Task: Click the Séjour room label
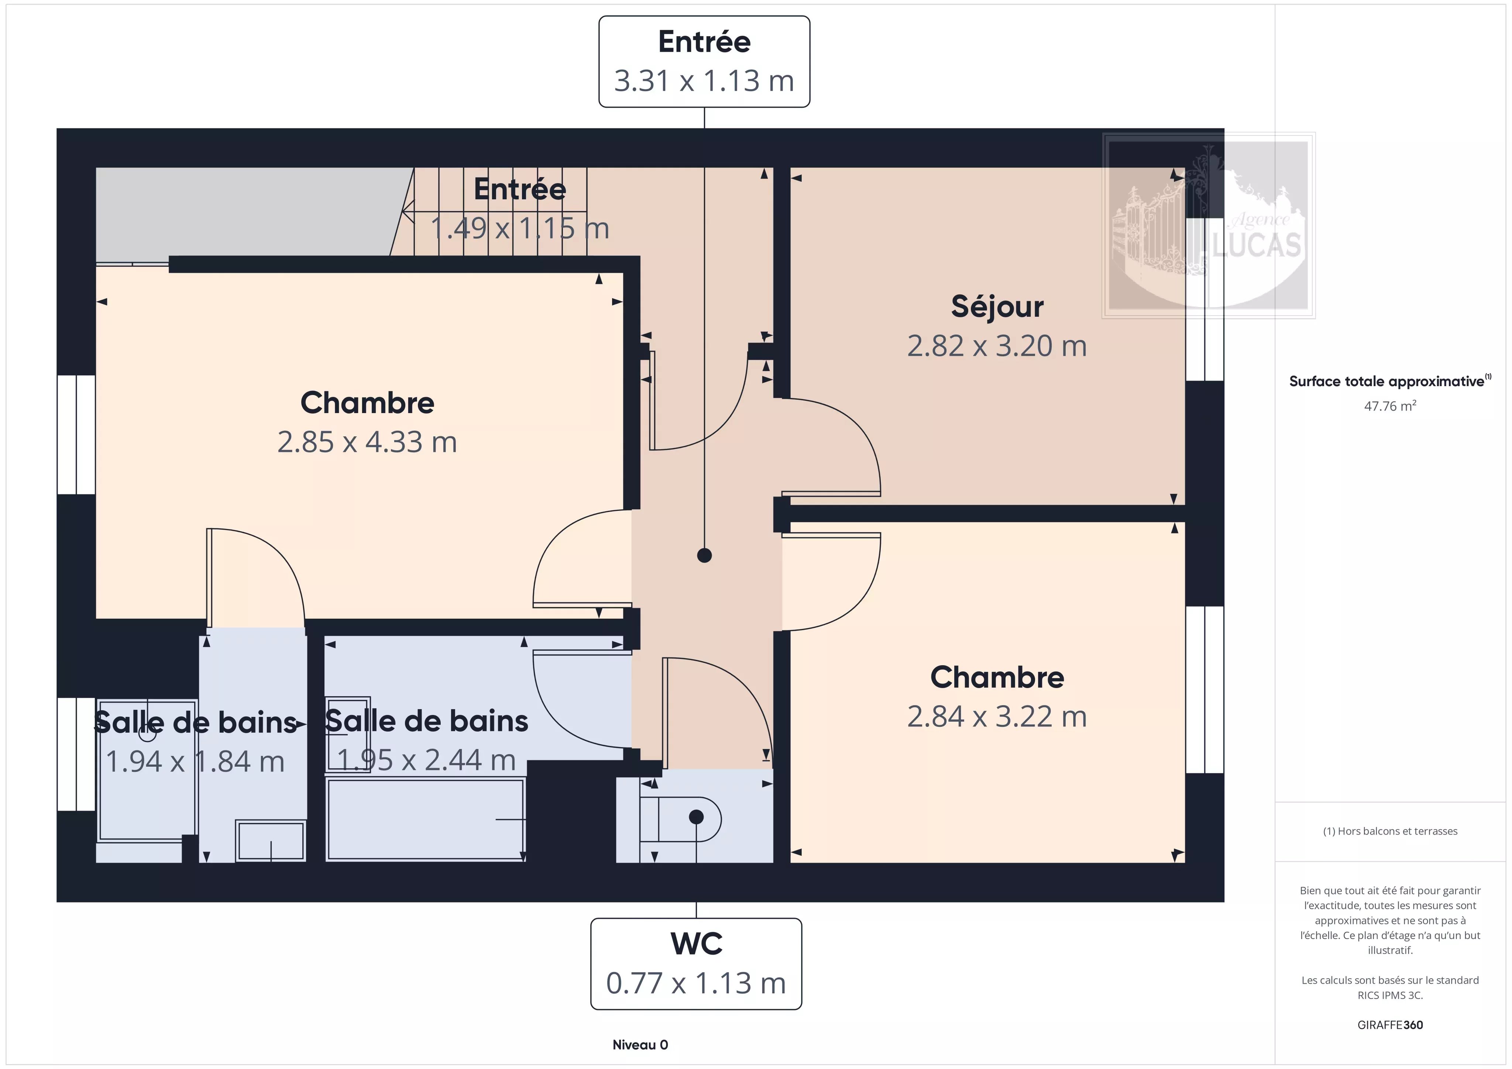[x=997, y=307]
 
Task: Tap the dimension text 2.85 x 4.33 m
[x=367, y=442]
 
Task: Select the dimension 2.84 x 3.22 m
[x=997, y=716]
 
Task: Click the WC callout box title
[x=696, y=944]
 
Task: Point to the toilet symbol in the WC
[x=680, y=819]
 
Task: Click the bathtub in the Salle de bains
[x=425, y=819]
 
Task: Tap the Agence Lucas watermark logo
[x=1209, y=225]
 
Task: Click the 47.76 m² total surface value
[x=1389, y=406]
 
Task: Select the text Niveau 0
[x=640, y=1045]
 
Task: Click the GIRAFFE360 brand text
[x=1389, y=1025]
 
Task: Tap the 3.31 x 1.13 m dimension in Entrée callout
[x=704, y=81]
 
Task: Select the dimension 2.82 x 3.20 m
[x=997, y=346]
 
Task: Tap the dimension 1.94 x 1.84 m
[x=195, y=762]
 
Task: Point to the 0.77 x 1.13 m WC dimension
[x=696, y=983]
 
